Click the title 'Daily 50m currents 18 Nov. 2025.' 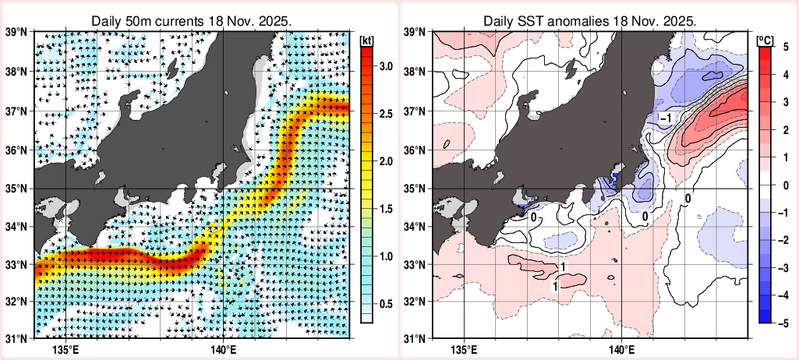coord(192,20)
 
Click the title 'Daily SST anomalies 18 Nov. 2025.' coord(589,20)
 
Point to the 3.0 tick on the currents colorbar coord(385,66)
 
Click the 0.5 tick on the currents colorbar coord(385,304)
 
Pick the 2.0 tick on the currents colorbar coord(385,161)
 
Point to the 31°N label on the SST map coord(415,338)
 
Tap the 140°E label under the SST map coord(620,348)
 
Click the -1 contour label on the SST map coord(666,118)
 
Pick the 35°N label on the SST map coord(415,189)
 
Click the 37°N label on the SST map coord(415,111)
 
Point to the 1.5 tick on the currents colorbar coord(385,209)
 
